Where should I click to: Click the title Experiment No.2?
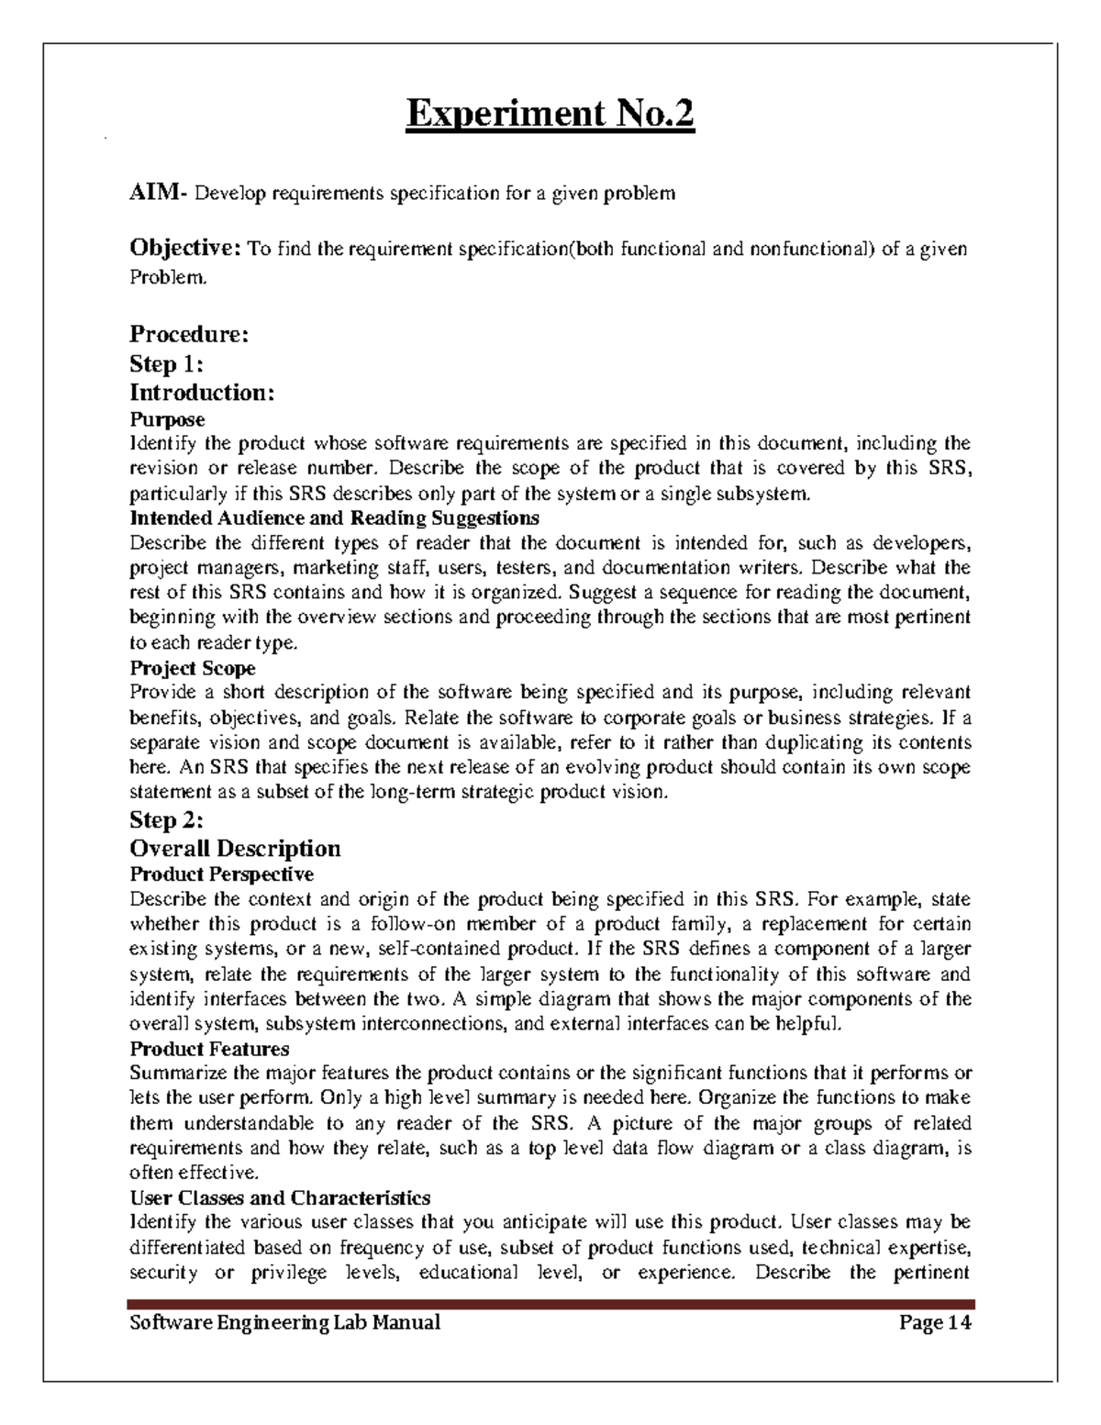(550, 116)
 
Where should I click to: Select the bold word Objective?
(186, 249)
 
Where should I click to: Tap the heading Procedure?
(189, 334)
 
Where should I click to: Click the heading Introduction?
(202, 393)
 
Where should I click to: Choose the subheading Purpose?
(167, 419)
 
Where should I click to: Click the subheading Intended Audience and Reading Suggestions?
(334, 518)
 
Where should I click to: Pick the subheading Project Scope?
(193, 668)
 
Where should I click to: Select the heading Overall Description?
(235, 848)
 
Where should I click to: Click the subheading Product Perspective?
(222, 874)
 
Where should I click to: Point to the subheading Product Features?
(209, 1048)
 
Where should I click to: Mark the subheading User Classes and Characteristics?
(280, 1197)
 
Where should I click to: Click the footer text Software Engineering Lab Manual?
(284, 1322)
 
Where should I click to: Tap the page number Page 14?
(935, 1322)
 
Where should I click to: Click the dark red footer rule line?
(550, 1304)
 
